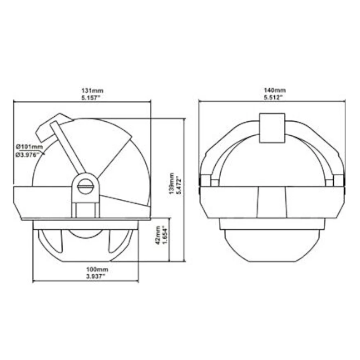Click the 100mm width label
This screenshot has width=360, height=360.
86,269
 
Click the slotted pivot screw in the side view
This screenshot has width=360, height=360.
85,187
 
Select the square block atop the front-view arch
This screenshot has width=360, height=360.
272,128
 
